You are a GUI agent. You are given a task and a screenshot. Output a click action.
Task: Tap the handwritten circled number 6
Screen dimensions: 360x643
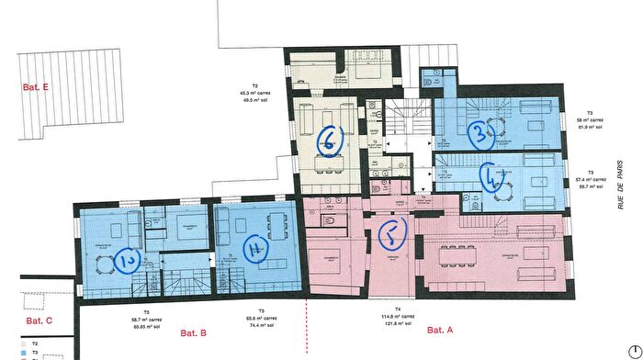329,140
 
